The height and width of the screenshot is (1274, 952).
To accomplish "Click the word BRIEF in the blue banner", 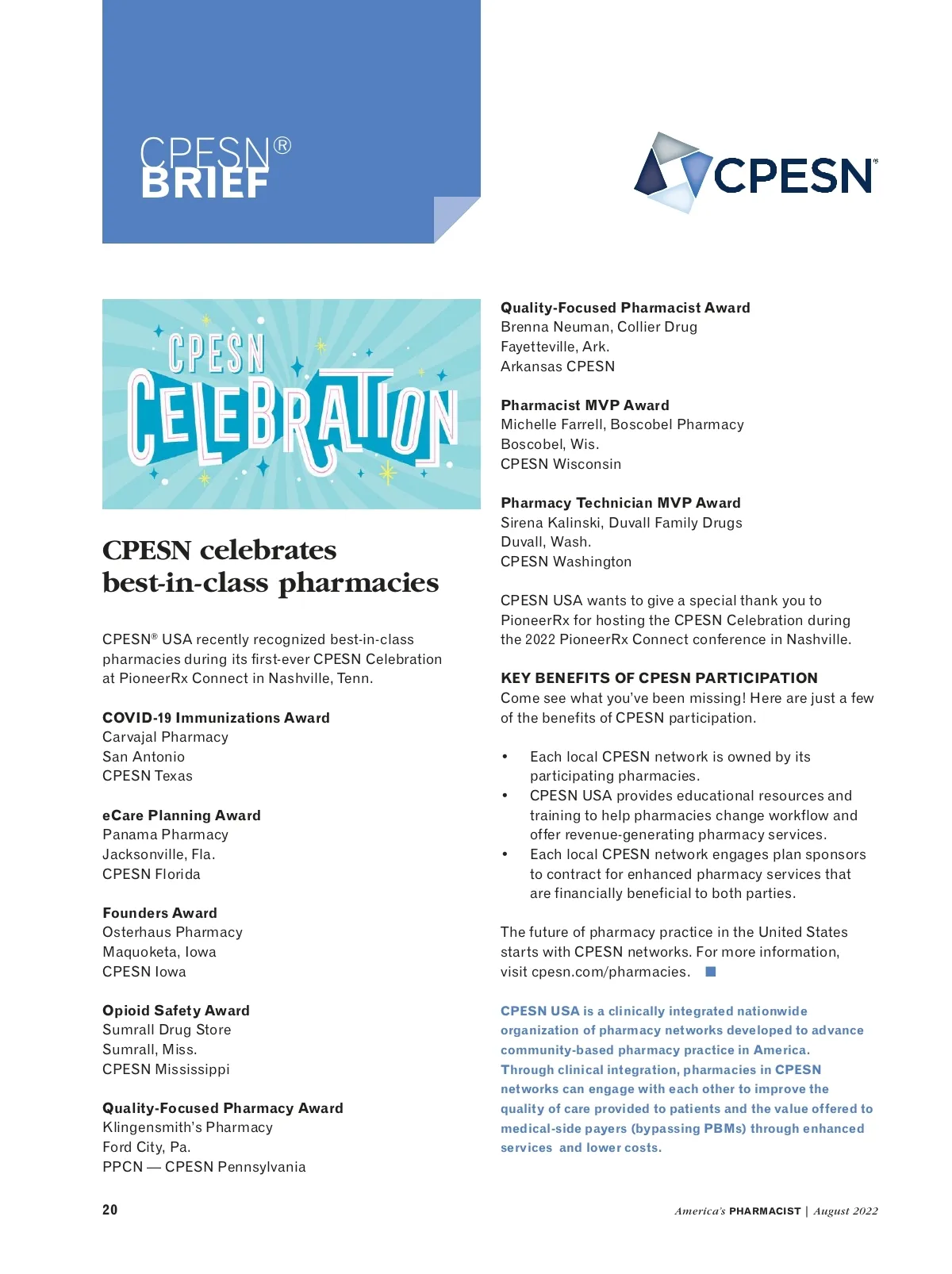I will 205,184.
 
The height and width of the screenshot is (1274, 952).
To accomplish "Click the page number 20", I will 110,1210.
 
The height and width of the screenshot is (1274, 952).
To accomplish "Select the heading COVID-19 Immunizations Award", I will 216,718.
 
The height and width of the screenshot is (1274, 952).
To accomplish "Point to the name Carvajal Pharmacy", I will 165,737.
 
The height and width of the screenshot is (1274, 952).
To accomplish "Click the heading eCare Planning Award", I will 182,815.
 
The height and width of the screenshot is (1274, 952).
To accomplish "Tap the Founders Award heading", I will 159,913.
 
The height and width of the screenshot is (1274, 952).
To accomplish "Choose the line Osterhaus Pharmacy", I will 172,932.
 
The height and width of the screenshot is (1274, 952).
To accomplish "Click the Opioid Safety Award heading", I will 176,1011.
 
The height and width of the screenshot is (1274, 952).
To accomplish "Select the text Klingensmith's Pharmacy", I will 187,1127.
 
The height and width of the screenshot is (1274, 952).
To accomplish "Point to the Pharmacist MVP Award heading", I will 585,405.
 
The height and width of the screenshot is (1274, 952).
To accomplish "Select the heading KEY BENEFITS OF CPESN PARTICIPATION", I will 658,678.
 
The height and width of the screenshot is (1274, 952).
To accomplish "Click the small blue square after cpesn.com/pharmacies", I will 711,972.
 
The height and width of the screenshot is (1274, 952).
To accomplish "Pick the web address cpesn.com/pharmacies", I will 609,972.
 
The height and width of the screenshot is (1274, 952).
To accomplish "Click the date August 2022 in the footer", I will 846,1211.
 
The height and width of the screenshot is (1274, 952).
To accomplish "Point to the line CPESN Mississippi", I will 166,1069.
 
